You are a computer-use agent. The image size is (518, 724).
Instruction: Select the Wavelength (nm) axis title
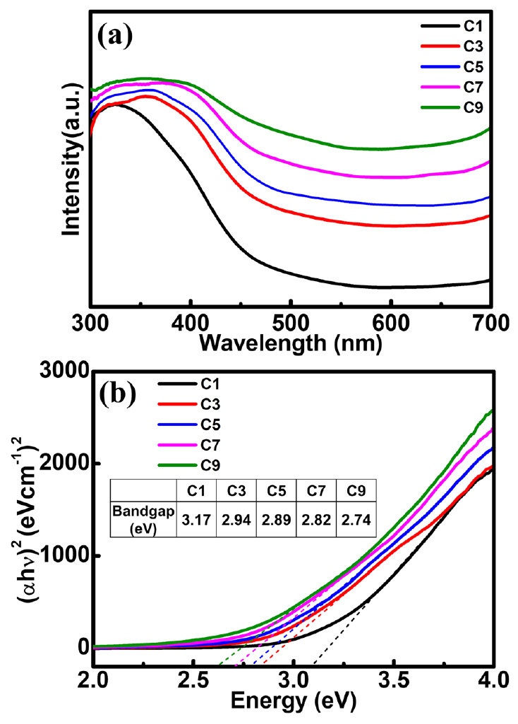tap(291, 343)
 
